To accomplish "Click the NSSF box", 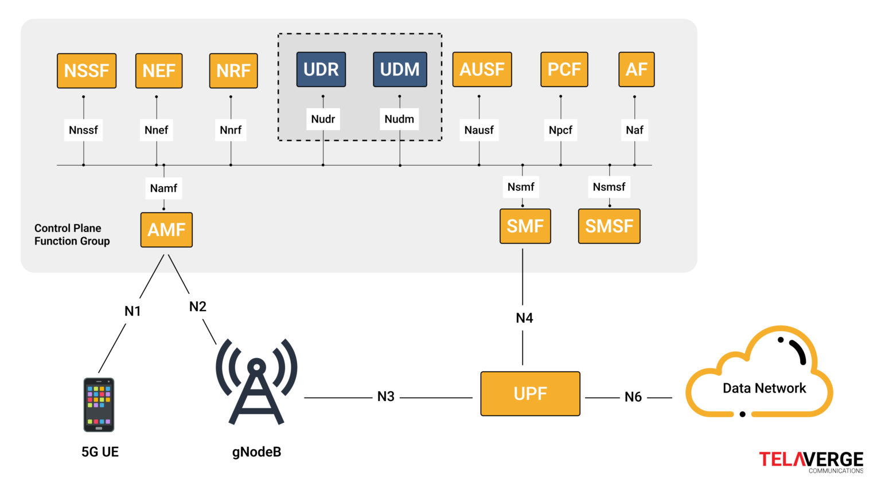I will click(x=87, y=70).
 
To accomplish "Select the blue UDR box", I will click(x=321, y=69).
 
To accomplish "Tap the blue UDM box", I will click(x=400, y=69).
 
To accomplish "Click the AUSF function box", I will click(x=482, y=69).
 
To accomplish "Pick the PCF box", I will click(x=564, y=69).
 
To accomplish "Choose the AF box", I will click(x=636, y=69).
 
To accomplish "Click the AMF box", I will click(x=166, y=230).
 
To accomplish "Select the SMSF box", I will click(x=609, y=226).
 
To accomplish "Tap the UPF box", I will click(x=530, y=394).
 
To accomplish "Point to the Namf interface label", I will click(x=163, y=188).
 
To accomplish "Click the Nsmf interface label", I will click(x=521, y=187).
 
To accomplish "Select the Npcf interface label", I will click(x=560, y=130).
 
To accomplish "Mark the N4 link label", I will click(x=524, y=318).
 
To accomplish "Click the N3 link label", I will click(x=386, y=396).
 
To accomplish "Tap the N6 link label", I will click(x=633, y=397).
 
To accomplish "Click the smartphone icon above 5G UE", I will click(x=99, y=404).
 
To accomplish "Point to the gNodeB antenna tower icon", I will click(x=256, y=381).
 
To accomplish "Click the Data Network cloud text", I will click(x=764, y=388).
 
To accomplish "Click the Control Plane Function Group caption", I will click(x=72, y=234).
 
